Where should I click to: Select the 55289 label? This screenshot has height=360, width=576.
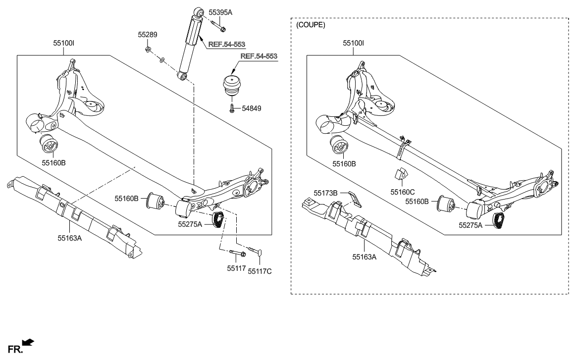147,35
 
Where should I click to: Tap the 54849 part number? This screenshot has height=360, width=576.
252,108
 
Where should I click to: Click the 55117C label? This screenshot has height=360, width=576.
260,271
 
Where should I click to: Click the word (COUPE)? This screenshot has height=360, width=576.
311,25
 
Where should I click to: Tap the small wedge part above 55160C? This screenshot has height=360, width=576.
400,173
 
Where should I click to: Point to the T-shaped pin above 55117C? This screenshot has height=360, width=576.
258,250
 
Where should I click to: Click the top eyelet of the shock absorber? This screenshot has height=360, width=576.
199,10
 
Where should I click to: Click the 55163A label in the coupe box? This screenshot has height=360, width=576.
365,257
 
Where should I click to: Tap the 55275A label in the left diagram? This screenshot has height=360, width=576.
190,224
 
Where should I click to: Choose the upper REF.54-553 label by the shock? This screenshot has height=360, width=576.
226,45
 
